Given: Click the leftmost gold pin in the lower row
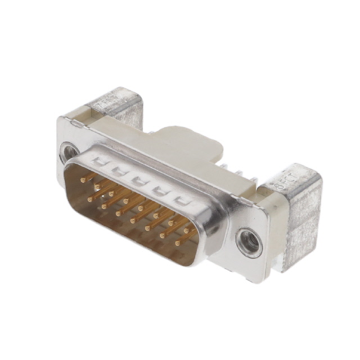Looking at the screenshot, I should pyautogui.click(x=90, y=199).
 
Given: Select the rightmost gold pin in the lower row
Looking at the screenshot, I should pyautogui.click(x=178, y=243).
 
